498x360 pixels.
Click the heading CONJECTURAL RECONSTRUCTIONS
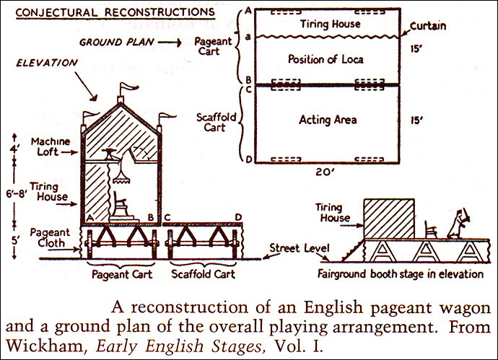coord(110,12)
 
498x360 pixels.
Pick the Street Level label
coord(294,248)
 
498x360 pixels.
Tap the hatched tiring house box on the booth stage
coord(388,218)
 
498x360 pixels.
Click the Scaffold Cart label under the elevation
coord(199,275)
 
